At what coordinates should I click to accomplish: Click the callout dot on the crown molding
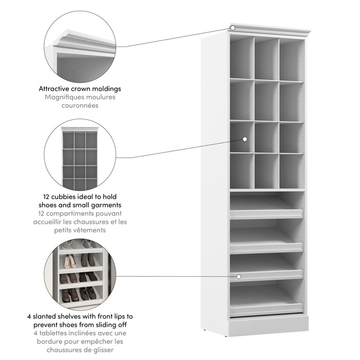click(232, 27)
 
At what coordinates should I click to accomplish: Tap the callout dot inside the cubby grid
click(245, 139)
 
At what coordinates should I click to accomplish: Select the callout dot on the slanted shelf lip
click(239, 277)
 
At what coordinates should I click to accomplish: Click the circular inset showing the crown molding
click(80, 54)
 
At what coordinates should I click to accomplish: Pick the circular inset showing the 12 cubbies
click(80, 155)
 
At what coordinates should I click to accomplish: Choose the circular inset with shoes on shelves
click(80, 275)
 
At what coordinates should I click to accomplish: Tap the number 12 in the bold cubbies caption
click(47, 196)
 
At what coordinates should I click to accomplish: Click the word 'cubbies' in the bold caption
click(66, 196)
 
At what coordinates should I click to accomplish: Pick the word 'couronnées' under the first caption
click(80, 105)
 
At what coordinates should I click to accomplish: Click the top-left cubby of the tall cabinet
click(241, 58)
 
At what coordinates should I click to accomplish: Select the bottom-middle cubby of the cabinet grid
click(266, 171)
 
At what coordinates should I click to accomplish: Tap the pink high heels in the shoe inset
click(71, 262)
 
